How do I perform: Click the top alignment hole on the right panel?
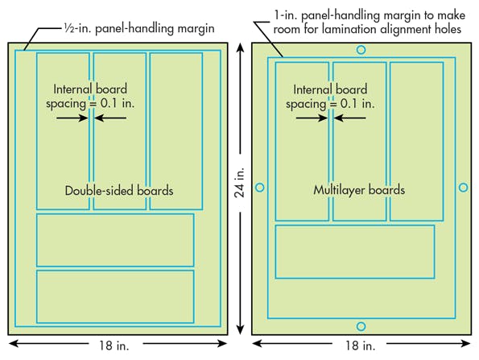pyautogui.click(x=361, y=50)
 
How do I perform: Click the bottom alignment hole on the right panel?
pyautogui.click(x=361, y=326)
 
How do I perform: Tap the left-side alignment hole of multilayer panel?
pyautogui.click(x=259, y=188)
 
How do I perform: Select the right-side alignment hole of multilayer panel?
pyautogui.click(x=463, y=188)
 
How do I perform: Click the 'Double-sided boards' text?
pyautogui.click(x=119, y=191)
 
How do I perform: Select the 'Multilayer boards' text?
pyautogui.click(x=359, y=191)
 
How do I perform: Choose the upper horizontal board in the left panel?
pyautogui.click(x=115, y=240)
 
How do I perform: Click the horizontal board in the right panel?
pyautogui.click(x=354, y=251)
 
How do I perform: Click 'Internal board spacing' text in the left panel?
pyautogui.click(x=90, y=96)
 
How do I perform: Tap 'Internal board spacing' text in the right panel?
pyautogui.click(x=330, y=96)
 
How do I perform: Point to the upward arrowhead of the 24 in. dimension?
pyautogui.click(x=239, y=48)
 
